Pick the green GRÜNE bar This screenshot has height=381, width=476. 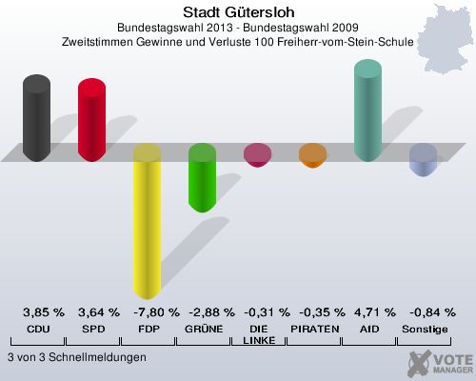coord(202,178)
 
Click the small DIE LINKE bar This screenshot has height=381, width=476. coord(257,154)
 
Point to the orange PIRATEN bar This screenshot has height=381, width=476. coord(311,155)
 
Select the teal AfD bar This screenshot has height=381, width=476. coord(367,111)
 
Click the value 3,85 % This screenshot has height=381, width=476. coord(44,311)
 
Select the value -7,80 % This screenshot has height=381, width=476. coord(152,311)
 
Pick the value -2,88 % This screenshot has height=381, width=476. coord(208,311)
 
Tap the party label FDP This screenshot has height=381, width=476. coord(147,328)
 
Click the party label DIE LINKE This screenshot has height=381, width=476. coord(257,333)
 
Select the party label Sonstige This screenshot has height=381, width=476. coord(425,328)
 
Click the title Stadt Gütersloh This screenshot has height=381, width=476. coord(238,13)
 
